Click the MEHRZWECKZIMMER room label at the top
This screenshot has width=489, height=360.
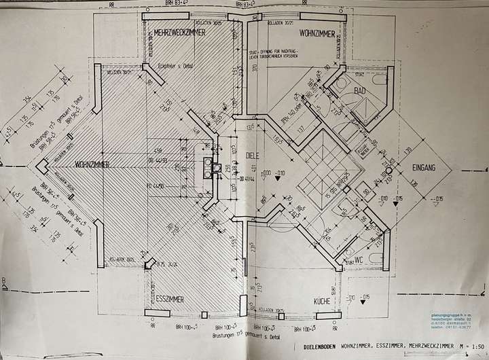179,33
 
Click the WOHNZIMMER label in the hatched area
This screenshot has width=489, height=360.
94,164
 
